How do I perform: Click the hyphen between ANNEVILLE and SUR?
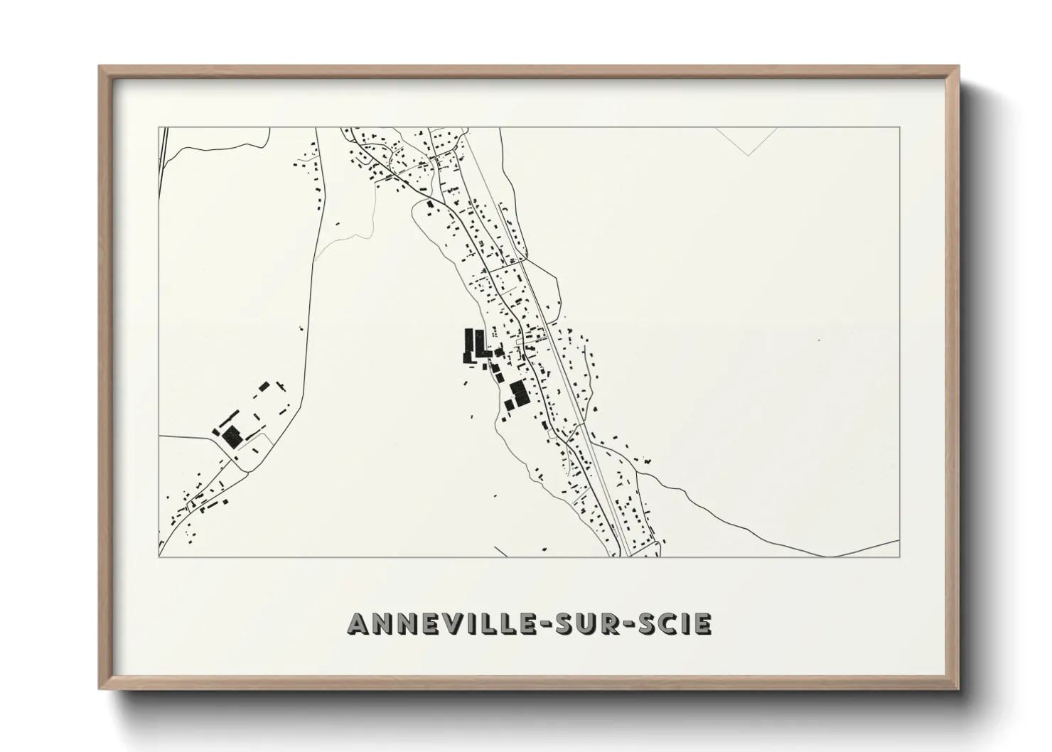click(x=545, y=624)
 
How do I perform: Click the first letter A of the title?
click(x=358, y=623)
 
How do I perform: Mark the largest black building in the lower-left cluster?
click(x=232, y=436)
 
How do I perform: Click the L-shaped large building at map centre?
click(x=481, y=344)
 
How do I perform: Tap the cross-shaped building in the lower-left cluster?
click(x=281, y=387)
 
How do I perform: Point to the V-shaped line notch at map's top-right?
click(x=747, y=154)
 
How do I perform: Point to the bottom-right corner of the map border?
click(x=899, y=557)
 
